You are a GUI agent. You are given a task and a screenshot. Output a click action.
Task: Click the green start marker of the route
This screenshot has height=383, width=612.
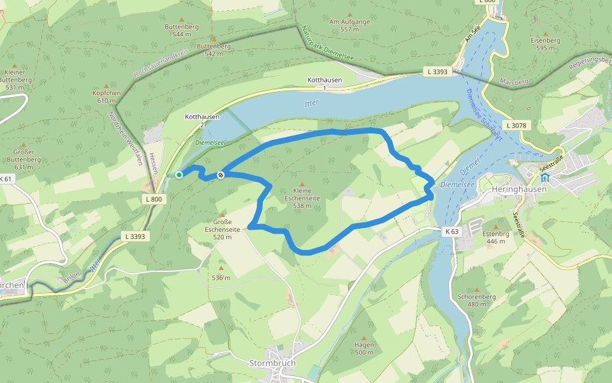tap(179, 175)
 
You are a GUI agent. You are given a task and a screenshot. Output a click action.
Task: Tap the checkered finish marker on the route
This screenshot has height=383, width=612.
tap(221, 175)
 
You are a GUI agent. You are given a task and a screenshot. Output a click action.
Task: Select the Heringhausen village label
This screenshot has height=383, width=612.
tap(516, 190)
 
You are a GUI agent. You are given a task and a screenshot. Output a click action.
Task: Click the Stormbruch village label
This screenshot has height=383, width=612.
tap(272, 363)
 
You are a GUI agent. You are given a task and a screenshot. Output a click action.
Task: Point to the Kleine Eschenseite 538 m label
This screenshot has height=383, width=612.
tap(302, 198)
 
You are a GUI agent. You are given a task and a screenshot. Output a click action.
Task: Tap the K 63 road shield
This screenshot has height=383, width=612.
tap(452, 230)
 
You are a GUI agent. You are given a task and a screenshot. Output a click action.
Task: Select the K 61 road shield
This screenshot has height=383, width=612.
tap(6, 179)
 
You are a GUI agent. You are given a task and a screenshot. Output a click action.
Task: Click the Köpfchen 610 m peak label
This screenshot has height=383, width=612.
tap(106, 97)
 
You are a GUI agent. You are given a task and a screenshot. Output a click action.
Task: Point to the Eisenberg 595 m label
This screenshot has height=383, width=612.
tap(545, 43)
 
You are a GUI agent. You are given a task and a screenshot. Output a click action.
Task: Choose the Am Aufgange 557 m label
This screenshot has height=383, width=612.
tap(349, 26)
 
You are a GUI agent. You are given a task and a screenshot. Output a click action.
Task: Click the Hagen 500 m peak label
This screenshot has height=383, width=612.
tap(364, 349)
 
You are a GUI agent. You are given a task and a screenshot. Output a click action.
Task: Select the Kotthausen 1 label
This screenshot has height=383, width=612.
tap(324, 83)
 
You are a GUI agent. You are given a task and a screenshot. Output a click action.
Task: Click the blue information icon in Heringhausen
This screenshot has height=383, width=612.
tap(545, 178)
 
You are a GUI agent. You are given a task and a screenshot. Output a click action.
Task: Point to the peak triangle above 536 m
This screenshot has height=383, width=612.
tap(221, 268)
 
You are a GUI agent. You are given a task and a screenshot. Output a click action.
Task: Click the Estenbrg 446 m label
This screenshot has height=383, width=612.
tap(495, 237)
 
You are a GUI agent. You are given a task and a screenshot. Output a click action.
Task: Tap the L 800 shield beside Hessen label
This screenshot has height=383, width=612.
tap(154, 200)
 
